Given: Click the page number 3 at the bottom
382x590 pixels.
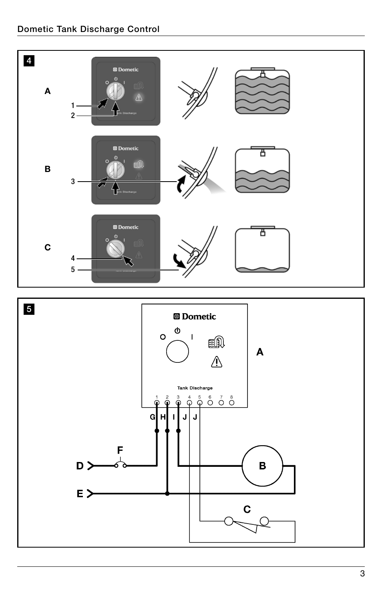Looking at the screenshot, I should click(x=362, y=574).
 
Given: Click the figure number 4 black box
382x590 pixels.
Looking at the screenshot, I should click(x=29, y=61).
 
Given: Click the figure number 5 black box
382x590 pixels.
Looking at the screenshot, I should click(x=29, y=309).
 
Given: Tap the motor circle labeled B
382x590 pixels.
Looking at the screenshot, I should click(x=262, y=466).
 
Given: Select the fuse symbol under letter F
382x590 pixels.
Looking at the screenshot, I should click(x=120, y=465).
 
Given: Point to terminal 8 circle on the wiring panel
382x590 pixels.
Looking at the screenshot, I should click(x=231, y=402).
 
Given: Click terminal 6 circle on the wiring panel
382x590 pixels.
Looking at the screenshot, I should click(x=210, y=402).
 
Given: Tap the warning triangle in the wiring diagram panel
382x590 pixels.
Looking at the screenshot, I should click(x=217, y=362).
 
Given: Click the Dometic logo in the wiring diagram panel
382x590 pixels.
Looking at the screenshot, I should click(x=195, y=316).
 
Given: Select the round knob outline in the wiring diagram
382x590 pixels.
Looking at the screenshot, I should click(x=177, y=351).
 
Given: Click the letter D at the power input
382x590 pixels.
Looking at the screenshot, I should click(x=80, y=466).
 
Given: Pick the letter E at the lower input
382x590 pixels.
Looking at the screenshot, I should click(x=80, y=494).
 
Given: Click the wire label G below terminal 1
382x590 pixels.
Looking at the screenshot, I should click(x=152, y=417).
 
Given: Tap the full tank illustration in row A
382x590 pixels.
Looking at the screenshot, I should click(x=262, y=91).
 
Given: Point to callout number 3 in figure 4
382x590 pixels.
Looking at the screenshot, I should click(x=73, y=182).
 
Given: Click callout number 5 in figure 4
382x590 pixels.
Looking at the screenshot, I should click(x=73, y=270).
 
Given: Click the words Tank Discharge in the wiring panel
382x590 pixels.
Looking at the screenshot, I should click(x=195, y=388).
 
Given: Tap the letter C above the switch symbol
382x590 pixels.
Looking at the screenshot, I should click(x=247, y=509).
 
